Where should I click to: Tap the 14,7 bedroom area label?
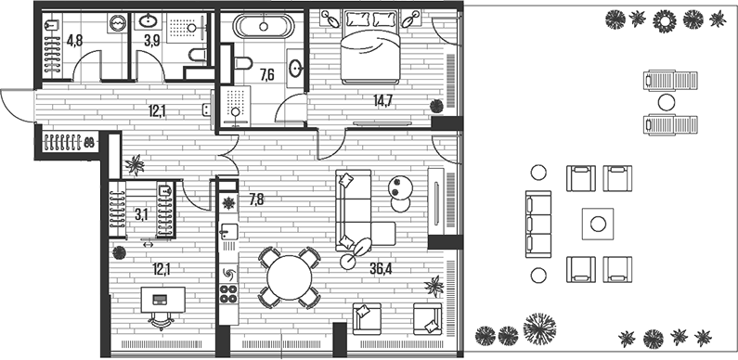coord(382,99)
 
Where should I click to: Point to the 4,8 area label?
coord(74,41)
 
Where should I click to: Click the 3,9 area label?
coord(152,41)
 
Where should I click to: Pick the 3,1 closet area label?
coord(141,215)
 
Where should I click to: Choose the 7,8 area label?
coord(256,200)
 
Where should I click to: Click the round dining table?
coord(290,278)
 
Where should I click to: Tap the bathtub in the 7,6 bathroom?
coord(264,26)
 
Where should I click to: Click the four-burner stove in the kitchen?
coord(228,293)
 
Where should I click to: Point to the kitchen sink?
coord(228,231)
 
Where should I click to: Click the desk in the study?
coord(162,300)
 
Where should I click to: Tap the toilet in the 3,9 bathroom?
coord(198,56)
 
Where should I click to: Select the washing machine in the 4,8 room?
coord(117,22)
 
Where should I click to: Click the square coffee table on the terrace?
coord(598,223)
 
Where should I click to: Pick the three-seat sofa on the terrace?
coord(538,224)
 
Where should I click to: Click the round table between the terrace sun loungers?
coord(666,102)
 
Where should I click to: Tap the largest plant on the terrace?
coord(539,328)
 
